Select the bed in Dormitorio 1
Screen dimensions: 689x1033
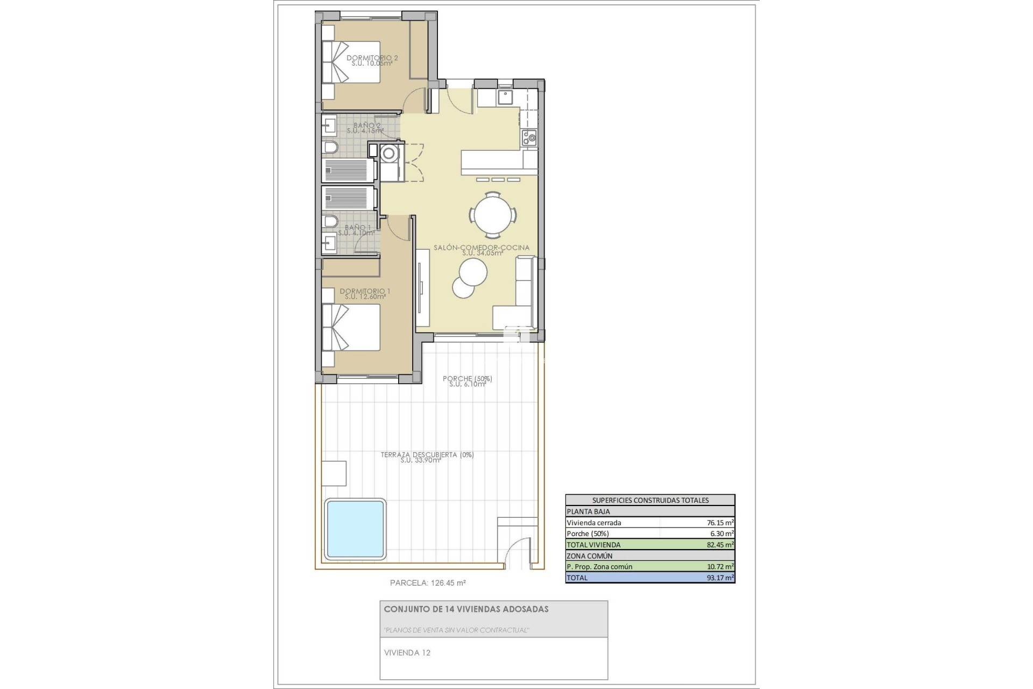coord(351,327)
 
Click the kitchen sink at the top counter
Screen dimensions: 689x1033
coord(505,97)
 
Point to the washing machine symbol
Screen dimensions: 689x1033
coord(388,154)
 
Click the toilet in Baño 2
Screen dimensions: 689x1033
coord(330,147)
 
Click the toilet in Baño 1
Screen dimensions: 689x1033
coord(330,222)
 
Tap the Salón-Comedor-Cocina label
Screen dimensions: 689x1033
coord(482,248)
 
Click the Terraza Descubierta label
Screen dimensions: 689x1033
coord(427,455)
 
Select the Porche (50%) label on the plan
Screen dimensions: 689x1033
coord(467,379)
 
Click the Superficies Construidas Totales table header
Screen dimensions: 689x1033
coord(650,500)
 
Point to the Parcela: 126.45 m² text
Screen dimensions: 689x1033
coord(428,582)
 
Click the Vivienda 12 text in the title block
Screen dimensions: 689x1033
coord(407,653)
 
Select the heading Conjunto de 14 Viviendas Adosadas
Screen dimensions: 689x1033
coord(466,609)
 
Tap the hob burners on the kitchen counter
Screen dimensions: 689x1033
coord(529,137)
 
